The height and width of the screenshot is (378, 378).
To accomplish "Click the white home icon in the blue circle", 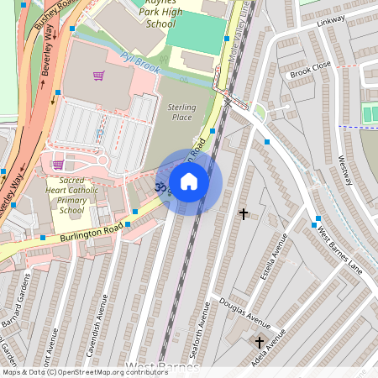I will [x=189, y=181].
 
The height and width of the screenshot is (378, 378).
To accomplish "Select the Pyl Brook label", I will [x=139, y=63].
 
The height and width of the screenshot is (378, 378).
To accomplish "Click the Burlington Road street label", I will [x=92, y=232].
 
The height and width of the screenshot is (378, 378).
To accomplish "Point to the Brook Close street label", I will [x=311, y=69].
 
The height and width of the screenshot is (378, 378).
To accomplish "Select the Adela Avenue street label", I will [x=280, y=345].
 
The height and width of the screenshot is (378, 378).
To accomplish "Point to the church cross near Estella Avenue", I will [x=244, y=214].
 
